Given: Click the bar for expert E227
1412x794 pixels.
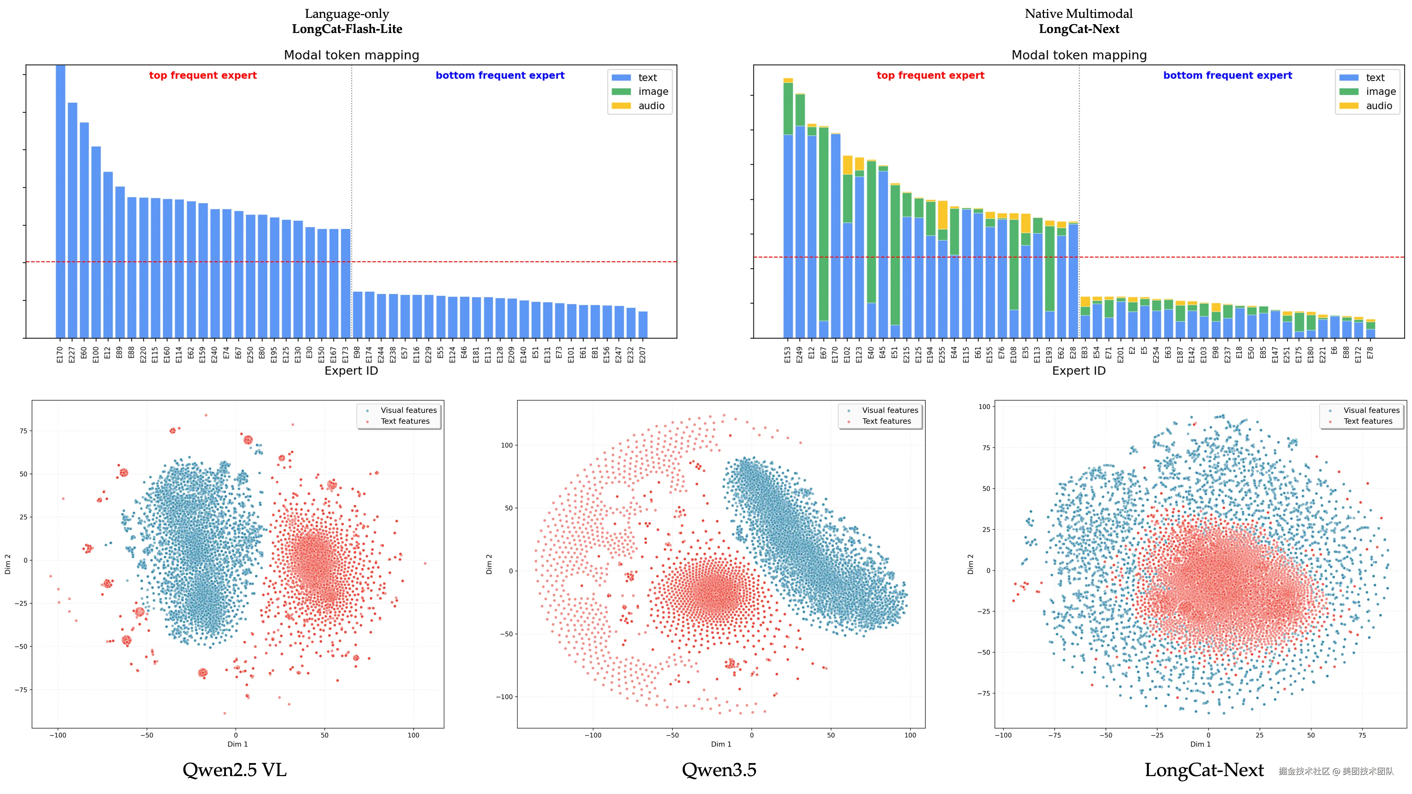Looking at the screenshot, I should pyautogui.click(x=72, y=219).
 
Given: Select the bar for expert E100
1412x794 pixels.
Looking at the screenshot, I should pyautogui.click(x=96, y=241).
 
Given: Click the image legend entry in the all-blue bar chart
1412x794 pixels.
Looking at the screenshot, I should pyautogui.click(x=641, y=91).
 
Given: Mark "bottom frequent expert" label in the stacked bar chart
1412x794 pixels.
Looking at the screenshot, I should pyautogui.click(x=1227, y=76).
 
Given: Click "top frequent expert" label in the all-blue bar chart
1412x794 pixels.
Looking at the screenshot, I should pyautogui.click(x=203, y=76).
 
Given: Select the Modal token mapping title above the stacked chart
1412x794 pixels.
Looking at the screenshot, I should pyautogui.click(x=1079, y=55).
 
